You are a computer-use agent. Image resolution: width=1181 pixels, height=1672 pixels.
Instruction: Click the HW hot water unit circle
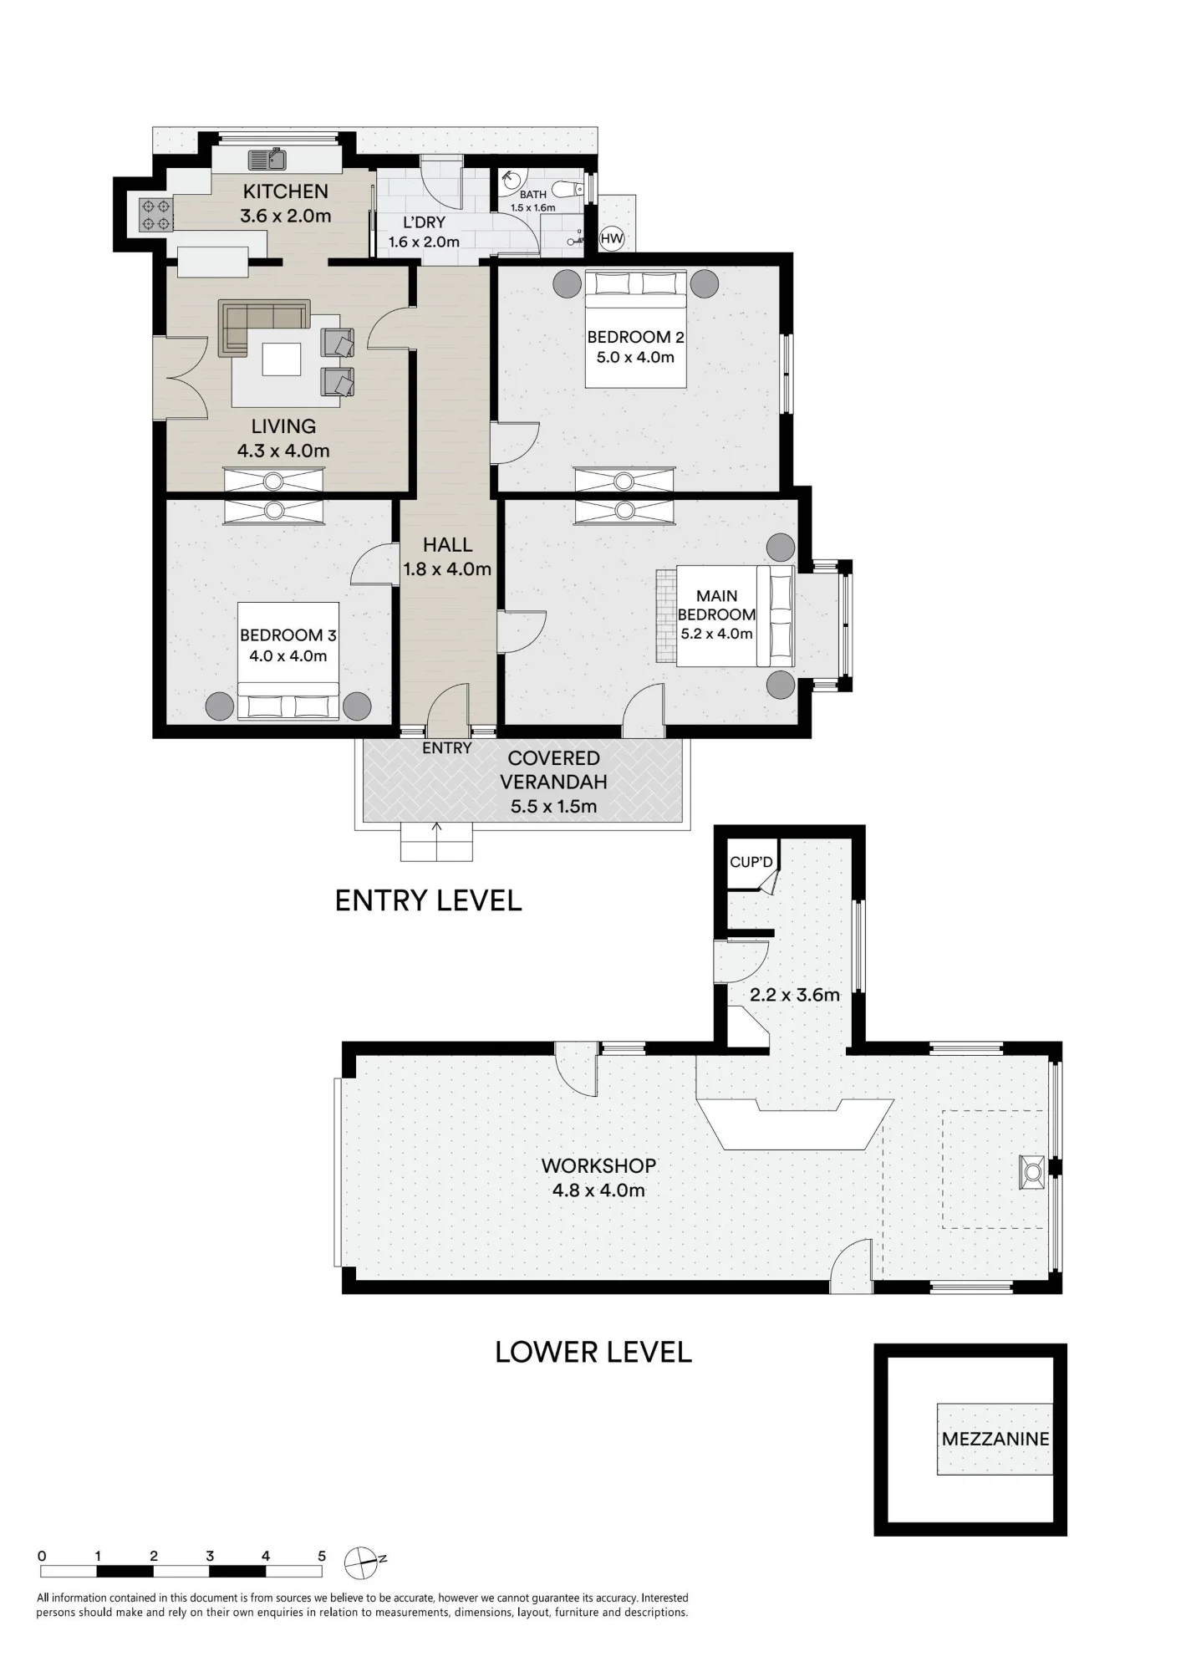coord(613,238)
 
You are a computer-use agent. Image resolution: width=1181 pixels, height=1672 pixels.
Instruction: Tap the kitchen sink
coord(267,158)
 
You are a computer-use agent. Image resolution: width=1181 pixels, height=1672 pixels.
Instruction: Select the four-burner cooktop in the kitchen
coord(155,213)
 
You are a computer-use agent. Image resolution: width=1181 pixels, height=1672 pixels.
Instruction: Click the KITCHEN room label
coord(286,191)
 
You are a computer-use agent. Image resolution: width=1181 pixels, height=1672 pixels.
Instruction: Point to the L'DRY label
coord(424,223)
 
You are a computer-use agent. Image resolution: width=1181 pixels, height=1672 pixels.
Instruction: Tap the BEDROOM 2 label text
coord(635,337)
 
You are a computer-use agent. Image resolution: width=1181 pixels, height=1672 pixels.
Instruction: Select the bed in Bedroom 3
coord(288,660)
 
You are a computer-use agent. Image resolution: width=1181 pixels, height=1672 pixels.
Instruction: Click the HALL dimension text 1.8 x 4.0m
coord(447,569)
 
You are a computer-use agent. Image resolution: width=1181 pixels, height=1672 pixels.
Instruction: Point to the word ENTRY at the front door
coord(447,748)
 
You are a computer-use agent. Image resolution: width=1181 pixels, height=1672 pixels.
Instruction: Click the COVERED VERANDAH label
coord(553,770)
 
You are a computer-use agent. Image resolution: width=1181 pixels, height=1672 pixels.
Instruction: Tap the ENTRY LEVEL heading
coord(428,900)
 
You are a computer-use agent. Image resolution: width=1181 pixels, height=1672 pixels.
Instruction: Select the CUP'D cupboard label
coord(751,861)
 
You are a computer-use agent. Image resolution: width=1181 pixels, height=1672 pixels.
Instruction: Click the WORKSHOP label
coord(598,1165)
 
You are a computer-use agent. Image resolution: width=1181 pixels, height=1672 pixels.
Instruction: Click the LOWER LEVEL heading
coord(593,1352)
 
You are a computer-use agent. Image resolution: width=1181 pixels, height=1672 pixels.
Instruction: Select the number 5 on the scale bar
coord(322,1557)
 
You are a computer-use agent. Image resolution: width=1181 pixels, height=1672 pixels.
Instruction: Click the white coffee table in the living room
coord(281,360)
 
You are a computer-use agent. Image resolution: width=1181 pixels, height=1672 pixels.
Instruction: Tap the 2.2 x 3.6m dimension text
coord(794,995)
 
